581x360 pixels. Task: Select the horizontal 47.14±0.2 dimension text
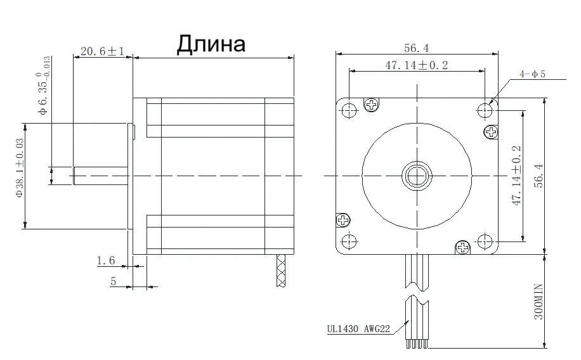point(416,66)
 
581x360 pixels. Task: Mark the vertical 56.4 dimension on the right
point(537,176)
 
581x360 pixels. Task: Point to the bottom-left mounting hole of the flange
point(348,241)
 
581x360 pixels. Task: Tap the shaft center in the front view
point(416,175)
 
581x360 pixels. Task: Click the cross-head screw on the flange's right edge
point(492,132)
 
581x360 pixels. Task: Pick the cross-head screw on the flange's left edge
point(343,221)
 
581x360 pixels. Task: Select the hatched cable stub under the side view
point(280,271)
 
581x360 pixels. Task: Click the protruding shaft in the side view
point(101,176)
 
